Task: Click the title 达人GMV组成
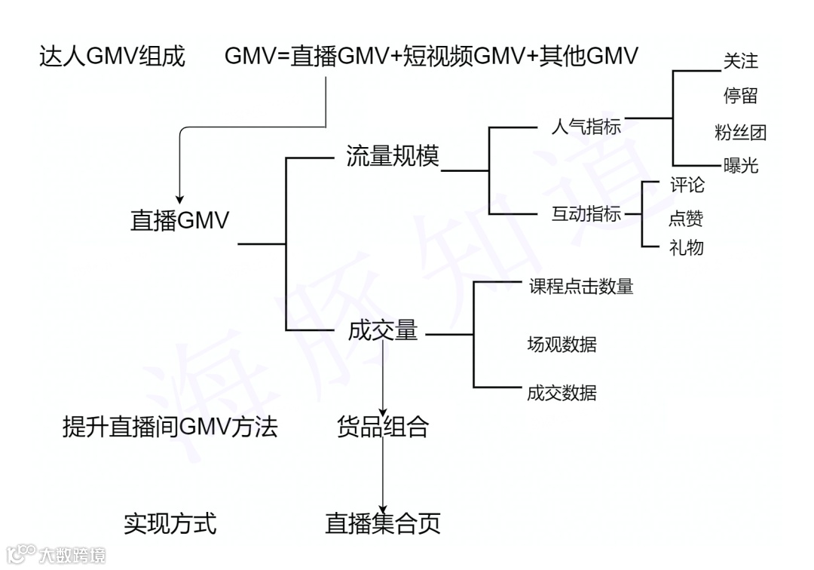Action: pyautogui.click(x=112, y=57)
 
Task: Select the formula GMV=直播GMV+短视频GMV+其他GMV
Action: pyautogui.click(x=431, y=57)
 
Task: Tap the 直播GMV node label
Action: pyautogui.click(x=179, y=220)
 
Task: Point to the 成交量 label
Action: pyautogui.click(x=383, y=330)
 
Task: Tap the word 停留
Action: pyautogui.click(x=740, y=97)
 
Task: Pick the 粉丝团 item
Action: pyautogui.click(x=740, y=133)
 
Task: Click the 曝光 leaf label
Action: pyautogui.click(x=740, y=166)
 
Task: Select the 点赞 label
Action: pyautogui.click(x=686, y=218)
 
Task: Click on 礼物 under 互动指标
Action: pyautogui.click(x=686, y=247)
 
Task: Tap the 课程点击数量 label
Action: pyautogui.click(x=580, y=287)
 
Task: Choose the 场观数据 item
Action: pyautogui.click(x=562, y=345)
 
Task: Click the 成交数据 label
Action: pyautogui.click(x=562, y=392)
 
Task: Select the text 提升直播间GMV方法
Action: pyautogui.click(x=170, y=427)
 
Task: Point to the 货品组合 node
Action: pyautogui.click(x=383, y=427)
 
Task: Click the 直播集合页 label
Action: pyautogui.click(x=383, y=522)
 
